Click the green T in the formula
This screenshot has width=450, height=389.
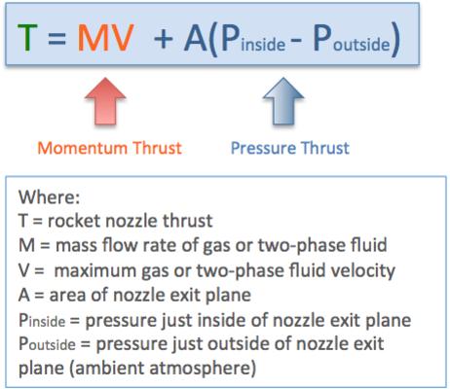pyautogui.click(x=27, y=38)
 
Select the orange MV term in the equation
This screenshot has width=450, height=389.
pyautogui.click(x=106, y=38)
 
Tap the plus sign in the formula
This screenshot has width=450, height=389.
pyautogui.click(x=163, y=39)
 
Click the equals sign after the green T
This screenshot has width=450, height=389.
pyautogui.click(x=57, y=38)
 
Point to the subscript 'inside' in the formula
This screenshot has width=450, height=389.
pyautogui.click(x=263, y=44)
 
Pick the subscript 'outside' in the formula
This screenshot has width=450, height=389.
pyautogui.click(x=361, y=44)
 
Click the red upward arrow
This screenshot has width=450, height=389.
pyautogui.click(x=105, y=101)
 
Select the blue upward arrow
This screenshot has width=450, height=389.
pyautogui.click(x=283, y=101)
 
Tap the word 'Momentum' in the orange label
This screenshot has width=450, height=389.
pyautogui.click(x=83, y=148)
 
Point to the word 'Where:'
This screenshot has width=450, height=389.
pyautogui.click(x=49, y=196)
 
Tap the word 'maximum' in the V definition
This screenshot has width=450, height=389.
pyautogui.click(x=95, y=270)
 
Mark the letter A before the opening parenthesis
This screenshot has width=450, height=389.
pyautogui.click(x=196, y=39)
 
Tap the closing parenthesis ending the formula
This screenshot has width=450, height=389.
pyautogui.click(x=395, y=40)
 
